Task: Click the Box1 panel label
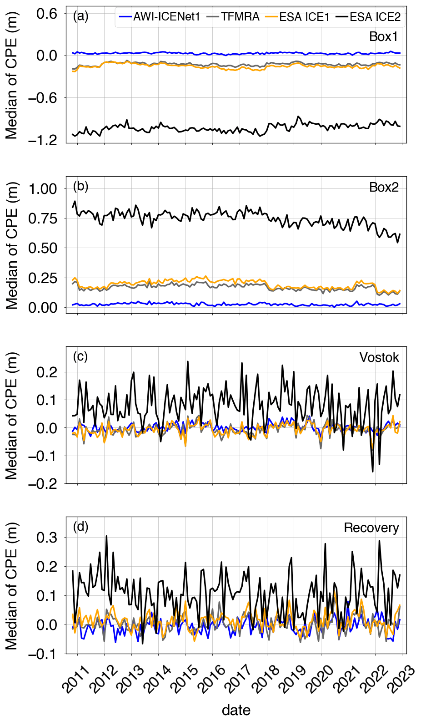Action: tap(384, 36)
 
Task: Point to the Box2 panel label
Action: tap(384, 188)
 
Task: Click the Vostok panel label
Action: tap(379, 358)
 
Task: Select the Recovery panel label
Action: tap(371, 528)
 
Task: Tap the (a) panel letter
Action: tap(80, 17)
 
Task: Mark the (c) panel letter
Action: tap(80, 356)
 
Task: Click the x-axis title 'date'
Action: tap(236, 710)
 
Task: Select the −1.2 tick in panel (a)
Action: tap(43, 141)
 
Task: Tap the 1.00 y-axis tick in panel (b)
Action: tap(43, 189)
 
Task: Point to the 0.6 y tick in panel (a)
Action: tap(47, 14)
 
